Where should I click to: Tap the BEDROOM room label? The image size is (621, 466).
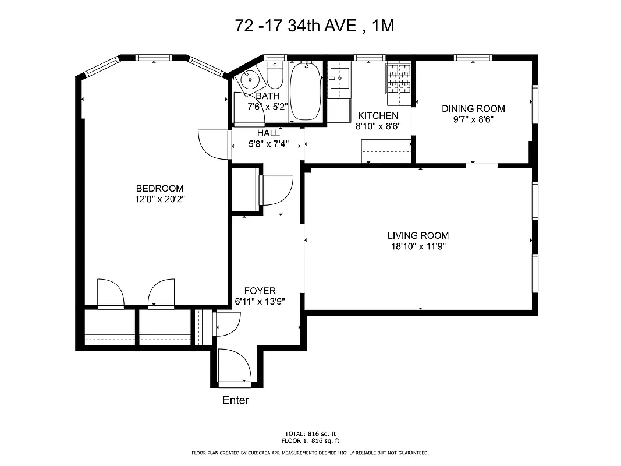tap(159, 188)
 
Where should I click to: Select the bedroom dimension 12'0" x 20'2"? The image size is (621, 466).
tap(159, 199)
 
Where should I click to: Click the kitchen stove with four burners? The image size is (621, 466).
tap(398, 79)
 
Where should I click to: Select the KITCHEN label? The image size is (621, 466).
tap(378, 115)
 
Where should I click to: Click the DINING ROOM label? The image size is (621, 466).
tap(473, 108)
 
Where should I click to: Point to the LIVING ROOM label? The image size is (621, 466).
tap(418, 235)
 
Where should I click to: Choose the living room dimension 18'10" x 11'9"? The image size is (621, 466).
tap(418, 246)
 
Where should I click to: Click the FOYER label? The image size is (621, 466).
tap(260, 291)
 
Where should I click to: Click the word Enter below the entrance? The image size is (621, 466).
tap(236, 400)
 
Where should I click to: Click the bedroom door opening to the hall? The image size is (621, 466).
tap(211, 143)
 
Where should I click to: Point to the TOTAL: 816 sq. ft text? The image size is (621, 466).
tap(310, 433)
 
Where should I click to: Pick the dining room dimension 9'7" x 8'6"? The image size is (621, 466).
tap(473, 119)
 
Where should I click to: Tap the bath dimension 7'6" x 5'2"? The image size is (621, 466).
tap(268, 107)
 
